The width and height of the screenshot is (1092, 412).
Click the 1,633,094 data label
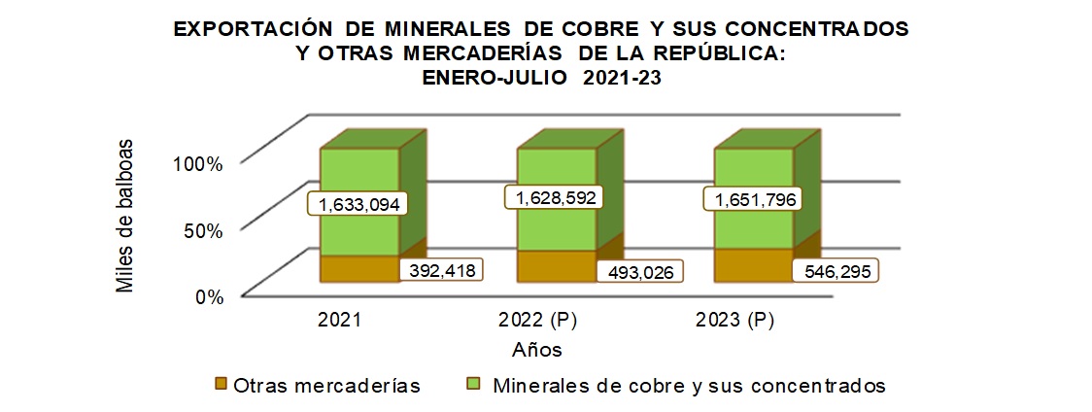coord(357,204)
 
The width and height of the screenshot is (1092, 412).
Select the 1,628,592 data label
coord(553,197)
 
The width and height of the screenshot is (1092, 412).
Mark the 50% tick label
coord(203,230)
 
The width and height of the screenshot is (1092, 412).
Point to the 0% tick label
coord(208,297)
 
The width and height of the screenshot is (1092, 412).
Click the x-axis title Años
coord(537,348)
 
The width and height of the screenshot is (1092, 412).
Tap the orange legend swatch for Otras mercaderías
coord(221,385)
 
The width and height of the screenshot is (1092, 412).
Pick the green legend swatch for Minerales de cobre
coord(475,385)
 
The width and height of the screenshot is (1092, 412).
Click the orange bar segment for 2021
coord(359,269)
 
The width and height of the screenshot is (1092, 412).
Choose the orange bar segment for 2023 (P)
coord(753,265)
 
